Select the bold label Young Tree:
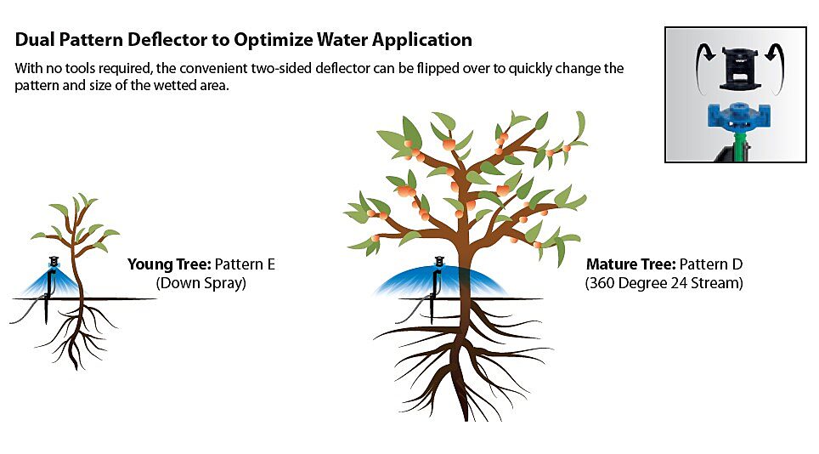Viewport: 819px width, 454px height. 169,264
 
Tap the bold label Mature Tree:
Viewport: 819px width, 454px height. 630,264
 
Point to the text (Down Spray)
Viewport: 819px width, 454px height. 201,283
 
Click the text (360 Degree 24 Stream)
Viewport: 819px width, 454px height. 664,283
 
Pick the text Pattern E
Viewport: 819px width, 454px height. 245,264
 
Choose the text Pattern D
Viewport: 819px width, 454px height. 711,264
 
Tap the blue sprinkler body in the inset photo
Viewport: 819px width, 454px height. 736,116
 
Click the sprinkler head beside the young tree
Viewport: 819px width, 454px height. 54,262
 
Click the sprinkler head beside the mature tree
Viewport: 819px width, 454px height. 439,262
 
